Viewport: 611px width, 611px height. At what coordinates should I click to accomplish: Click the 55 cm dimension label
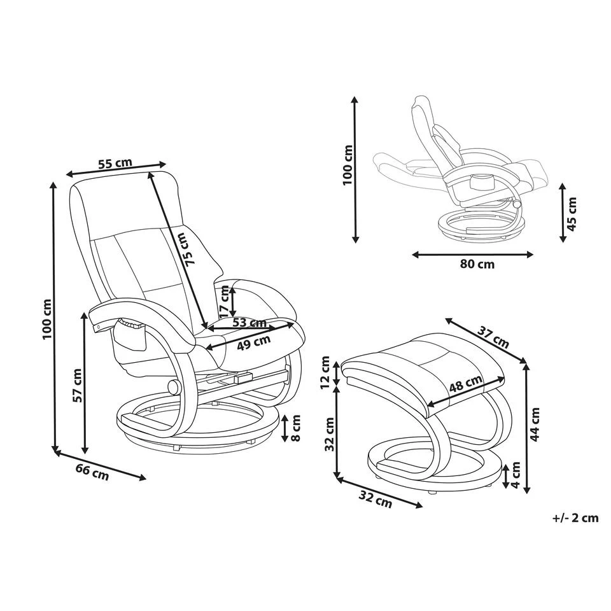pos(115,163)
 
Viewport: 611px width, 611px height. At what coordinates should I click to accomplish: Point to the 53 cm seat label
pos(249,323)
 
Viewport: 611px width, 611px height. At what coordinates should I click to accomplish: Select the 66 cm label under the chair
pos(92,472)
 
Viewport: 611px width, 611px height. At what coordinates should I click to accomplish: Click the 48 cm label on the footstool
pos(465,386)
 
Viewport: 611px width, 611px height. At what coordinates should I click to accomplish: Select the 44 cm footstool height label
pos(536,425)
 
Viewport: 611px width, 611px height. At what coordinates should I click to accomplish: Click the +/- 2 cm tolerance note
pos(575,517)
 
